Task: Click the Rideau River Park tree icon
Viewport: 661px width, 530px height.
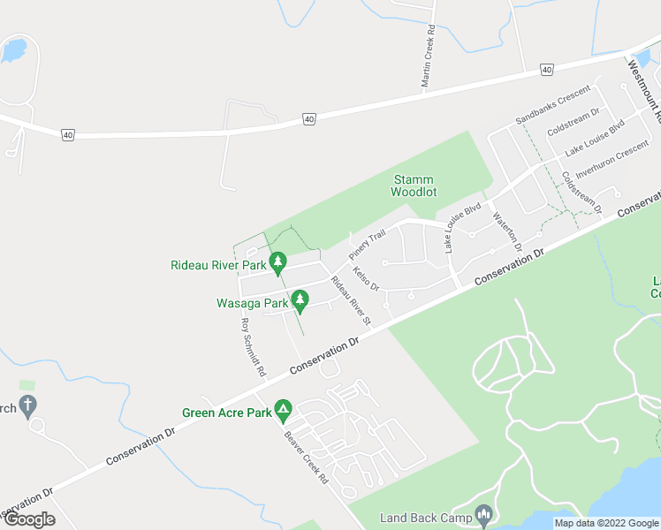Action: (x=278, y=263)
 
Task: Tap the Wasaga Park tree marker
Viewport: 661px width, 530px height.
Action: (x=300, y=302)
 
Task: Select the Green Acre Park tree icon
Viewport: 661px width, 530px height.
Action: (x=283, y=411)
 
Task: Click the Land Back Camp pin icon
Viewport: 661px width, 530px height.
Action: (x=483, y=514)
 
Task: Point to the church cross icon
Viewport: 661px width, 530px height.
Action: (x=28, y=407)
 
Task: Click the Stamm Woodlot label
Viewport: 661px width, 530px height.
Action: (x=414, y=185)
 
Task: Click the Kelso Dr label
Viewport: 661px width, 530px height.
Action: (x=365, y=279)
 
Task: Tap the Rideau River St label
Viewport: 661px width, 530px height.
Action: (x=350, y=299)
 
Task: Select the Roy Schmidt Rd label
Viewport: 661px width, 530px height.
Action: (x=253, y=348)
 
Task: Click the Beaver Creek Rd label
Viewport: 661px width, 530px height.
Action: (x=307, y=457)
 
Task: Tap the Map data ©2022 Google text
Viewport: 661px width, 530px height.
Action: (x=606, y=523)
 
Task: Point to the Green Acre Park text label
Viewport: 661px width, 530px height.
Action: (x=226, y=413)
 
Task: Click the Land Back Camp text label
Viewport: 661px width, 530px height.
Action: (x=426, y=518)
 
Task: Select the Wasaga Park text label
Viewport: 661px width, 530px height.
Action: (x=253, y=303)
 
